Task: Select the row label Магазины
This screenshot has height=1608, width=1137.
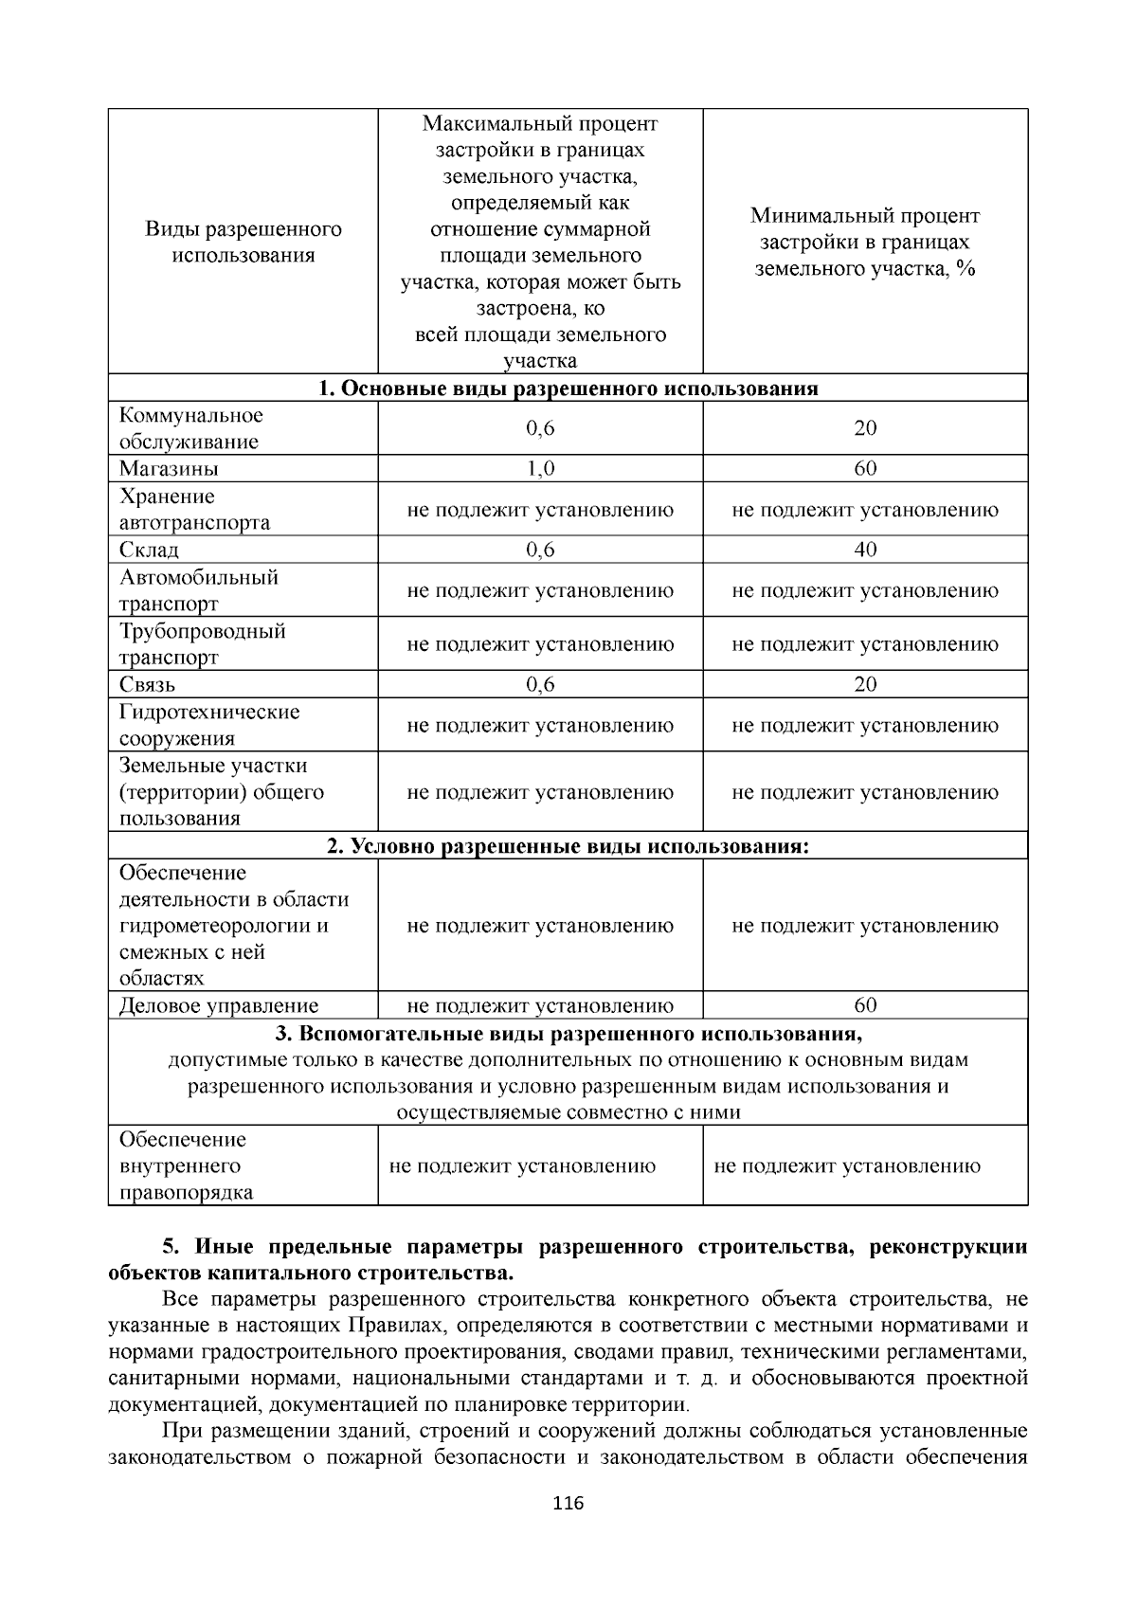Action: pyautogui.click(x=169, y=469)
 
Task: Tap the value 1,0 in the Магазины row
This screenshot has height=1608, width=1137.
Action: pyautogui.click(x=540, y=469)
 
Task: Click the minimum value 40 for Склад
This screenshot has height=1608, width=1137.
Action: pyautogui.click(x=865, y=550)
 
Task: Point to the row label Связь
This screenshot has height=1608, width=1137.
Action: pyautogui.click(x=147, y=684)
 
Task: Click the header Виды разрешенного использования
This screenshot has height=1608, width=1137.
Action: pyautogui.click(x=244, y=243)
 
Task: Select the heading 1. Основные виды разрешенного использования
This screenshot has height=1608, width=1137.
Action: pyautogui.click(x=568, y=388)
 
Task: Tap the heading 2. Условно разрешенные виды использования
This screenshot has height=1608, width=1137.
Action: pyautogui.click(x=568, y=846)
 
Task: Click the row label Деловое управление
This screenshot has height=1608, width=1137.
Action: pyautogui.click(x=219, y=1005)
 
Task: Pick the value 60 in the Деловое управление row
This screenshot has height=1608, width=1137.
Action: pyautogui.click(x=865, y=1004)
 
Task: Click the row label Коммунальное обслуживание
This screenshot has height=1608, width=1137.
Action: pyautogui.click(x=190, y=428)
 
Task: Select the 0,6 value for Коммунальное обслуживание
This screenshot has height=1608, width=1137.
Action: pyautogui.click(x=540, y=428)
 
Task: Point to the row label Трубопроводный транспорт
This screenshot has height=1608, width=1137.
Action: pyautogui.click(x=202, y=644)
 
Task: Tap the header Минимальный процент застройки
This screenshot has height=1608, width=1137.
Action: pyautogui.click(x=865, y=243)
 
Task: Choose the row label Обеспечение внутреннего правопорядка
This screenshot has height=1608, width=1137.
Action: pyautogui.click(x=183, y=1165)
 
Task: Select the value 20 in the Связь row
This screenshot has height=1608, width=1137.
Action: pyautogui.click(x=865, y=684)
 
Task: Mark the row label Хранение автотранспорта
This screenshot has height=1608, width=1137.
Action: pyautogui.click(x=194, y=510)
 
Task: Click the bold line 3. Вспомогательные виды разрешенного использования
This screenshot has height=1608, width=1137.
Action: pyautogui.click(x=568, y=1033)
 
